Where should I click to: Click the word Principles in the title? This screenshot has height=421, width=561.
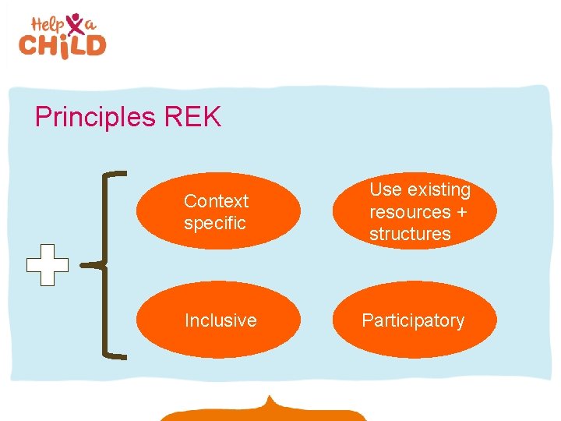(95, 118)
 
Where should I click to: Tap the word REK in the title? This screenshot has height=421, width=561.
(192, 118)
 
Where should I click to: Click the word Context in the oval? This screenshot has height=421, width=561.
(216, 201)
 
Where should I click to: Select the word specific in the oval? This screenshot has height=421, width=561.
(214, 223)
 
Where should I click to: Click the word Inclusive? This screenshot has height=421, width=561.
(220, 320)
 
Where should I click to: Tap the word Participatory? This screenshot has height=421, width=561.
(413, 320)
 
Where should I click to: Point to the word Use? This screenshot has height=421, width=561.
(385, 190)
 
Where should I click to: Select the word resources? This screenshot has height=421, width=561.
(410, 212)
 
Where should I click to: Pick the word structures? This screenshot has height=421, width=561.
(410, 234)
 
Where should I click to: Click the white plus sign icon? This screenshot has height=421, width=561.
(47, 265)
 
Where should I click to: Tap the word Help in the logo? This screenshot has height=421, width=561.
(48, 24)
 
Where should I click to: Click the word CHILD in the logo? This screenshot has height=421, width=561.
(62, 45)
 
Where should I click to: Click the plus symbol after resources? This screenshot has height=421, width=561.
(462, 212)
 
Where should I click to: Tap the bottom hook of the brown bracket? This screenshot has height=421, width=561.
(115, 357)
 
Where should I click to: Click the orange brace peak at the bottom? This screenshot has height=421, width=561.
(269, 401)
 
